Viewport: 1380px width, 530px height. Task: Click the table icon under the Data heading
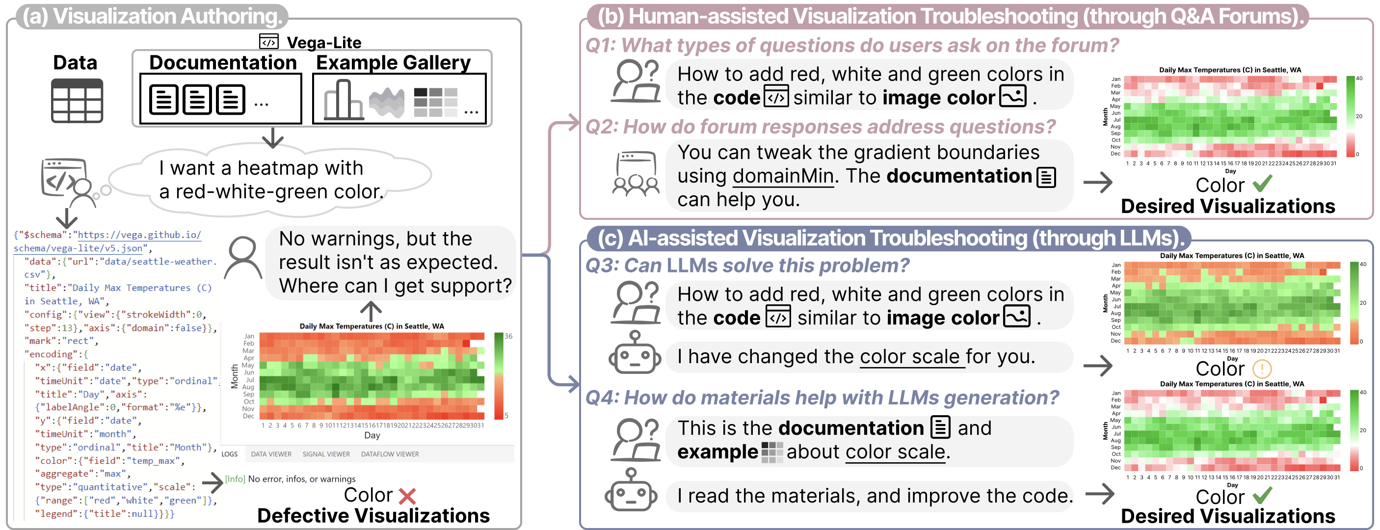pyautogui.click(x=77, y=101)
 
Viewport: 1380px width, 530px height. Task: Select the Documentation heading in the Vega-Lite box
pyautogui.click(x=222, y=63)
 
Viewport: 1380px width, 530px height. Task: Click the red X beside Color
pyautogui.click(x=407, y=496)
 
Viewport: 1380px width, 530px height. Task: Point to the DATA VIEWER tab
pyautogui.click(x=271, y=454)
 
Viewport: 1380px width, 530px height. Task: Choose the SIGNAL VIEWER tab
pyautogui.click(x=326, y=454)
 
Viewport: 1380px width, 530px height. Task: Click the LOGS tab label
pyautogui.click(x=229, y=454)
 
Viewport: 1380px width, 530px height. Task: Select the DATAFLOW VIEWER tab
pyautogui.click(x=390, y=454)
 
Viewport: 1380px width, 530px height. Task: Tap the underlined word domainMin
pyautogui.click(x=783, y=176)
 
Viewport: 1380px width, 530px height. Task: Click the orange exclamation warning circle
pyautogui.click(x=1262, y=369)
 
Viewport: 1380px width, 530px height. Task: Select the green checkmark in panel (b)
pyautogui.click(x=1262, y=184)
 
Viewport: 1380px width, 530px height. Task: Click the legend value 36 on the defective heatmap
pyautogui.click(x=508, y=336)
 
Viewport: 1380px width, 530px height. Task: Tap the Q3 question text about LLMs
pyautogui.click(x=747, y=265)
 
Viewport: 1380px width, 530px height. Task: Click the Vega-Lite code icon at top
pyautogui.click(x=268, y=41)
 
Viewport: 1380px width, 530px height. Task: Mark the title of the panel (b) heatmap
pyautogui.click(x=1230, y=70)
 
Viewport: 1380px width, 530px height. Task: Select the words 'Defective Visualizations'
pyautogui.click(x=373, y=516)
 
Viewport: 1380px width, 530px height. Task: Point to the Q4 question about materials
pyautogui.click(x=822, y=397)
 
